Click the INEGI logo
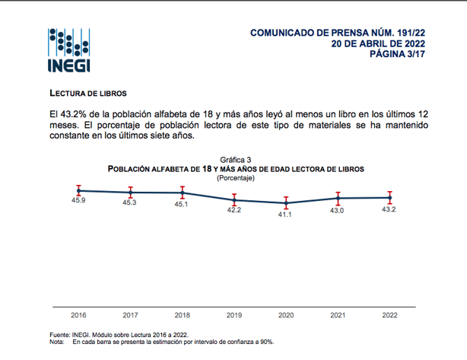(x=69, y=50)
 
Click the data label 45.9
(x=78, y=200)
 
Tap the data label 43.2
(x=389, y=209)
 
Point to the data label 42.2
(x=233, y=210)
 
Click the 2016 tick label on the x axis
(x=78, y=314)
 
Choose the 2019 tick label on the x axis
(x=233, y=314)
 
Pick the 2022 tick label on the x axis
(x=389, y=314)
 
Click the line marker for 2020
(x=285, y=203)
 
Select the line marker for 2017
(x=130, y=192)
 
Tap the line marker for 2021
(x=337, y=199)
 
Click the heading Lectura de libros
(x=83, y=91)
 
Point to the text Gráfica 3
(x=236, y=159)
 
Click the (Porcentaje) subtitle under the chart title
(x=236, y=177)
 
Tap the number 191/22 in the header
(x=408, y=33)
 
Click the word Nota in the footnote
(x=57, y=342)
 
